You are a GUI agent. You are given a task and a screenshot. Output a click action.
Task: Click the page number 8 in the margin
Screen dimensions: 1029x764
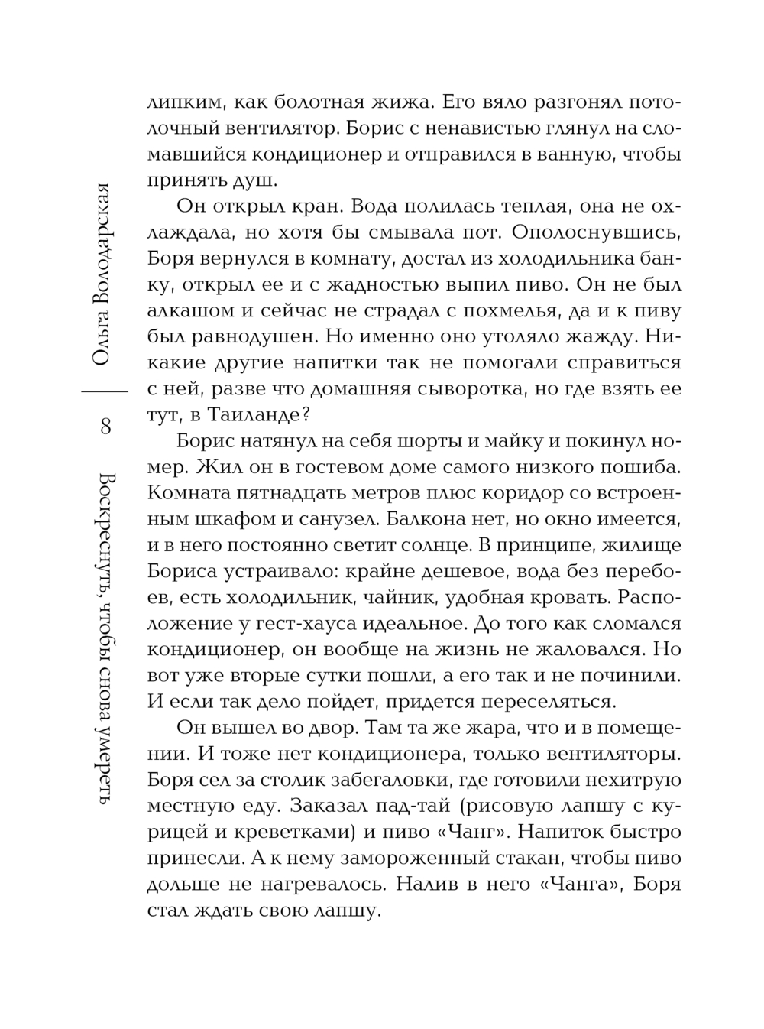tap(105, 426)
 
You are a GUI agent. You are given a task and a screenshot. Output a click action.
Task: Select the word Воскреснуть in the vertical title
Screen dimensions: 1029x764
tap(105, 536)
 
